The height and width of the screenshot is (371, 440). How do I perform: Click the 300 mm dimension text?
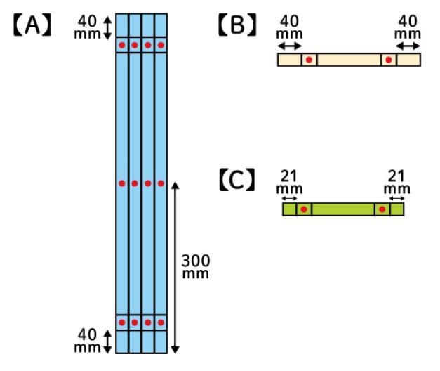coord(196,266)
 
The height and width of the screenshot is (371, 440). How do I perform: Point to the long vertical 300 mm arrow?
coord(175,267)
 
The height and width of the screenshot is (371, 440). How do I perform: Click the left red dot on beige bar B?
coord(309,60)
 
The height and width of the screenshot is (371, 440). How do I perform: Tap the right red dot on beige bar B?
coord(388,60)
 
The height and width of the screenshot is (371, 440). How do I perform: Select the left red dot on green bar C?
coord(303,209)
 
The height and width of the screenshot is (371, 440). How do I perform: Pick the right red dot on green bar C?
coord(382,209)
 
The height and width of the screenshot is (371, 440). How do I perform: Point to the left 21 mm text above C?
coord(288,182)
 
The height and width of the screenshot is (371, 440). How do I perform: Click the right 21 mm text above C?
coord(397,182)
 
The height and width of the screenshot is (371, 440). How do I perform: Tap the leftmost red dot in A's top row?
coord(121,46)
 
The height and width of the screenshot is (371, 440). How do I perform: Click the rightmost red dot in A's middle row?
coord(161,183)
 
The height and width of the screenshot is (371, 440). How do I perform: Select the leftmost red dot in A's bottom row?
coord(121,323)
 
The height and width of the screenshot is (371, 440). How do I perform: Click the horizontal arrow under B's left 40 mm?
coord(288,45)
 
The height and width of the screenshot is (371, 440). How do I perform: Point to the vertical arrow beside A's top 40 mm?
coord(107,27)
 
